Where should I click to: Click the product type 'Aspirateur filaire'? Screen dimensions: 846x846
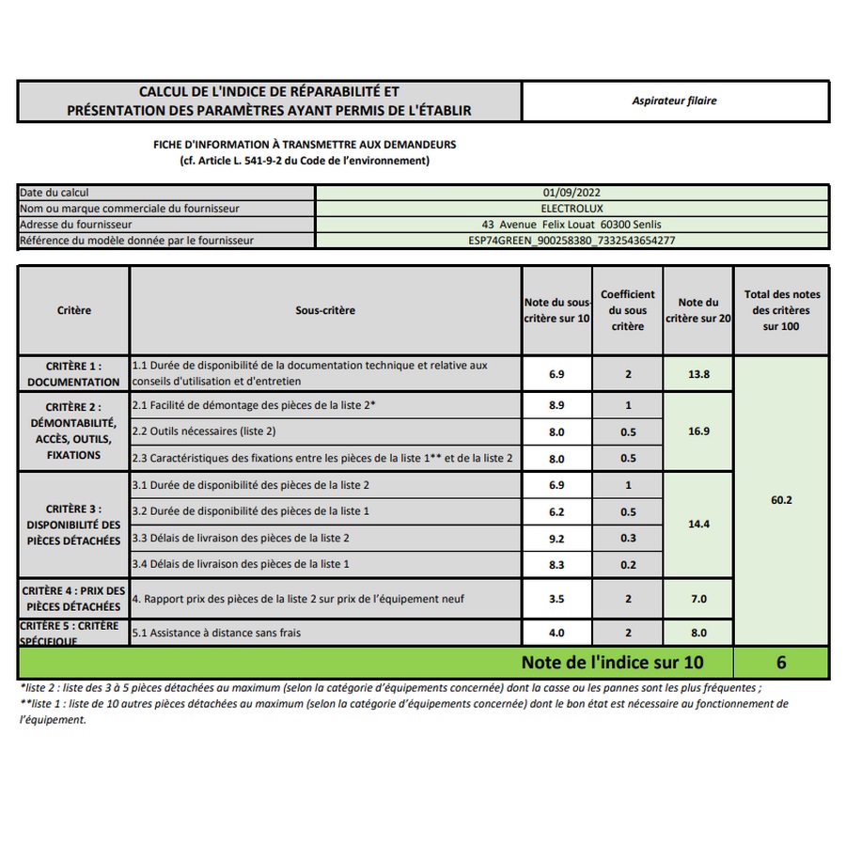pos(674,101)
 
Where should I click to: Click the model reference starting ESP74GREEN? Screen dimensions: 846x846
pos(572,241)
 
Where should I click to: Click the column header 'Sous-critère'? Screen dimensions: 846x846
pos(325,310)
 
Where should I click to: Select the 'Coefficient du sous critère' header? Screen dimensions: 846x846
pos(628,310)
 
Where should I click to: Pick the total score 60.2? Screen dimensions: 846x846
pos(780,500)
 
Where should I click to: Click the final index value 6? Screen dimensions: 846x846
pos(780,663)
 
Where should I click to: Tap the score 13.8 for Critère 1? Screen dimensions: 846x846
pos(698,374)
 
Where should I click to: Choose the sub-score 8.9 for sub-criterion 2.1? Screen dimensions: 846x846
pos(556,405)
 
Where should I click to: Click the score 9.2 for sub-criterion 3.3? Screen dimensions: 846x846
pos(556,539)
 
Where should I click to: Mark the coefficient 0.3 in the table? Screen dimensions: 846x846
pos(628,539)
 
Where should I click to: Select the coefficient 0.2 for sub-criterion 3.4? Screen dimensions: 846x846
pos(628,565)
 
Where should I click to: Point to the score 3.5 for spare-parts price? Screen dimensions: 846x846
pos(556,599)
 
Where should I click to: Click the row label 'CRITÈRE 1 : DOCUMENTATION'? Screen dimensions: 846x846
pos(73,374)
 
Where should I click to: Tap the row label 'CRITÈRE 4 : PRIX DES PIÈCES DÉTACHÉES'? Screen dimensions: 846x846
pos(73,599)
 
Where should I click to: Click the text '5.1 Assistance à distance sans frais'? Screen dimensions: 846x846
pos(216,634)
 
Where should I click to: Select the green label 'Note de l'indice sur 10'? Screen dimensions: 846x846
pos(611,663)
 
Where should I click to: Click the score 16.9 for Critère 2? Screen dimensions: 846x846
pos(698,431)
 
